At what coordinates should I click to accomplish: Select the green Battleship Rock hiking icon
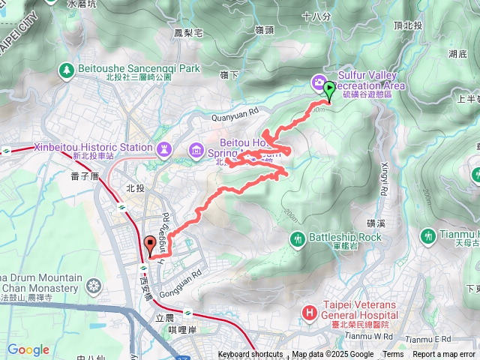pyautogui.click(x=298, y=238)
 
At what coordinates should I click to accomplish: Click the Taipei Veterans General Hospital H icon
pyautogui.click(x=308, y=311)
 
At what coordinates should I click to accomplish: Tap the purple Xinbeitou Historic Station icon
pyautogui.click(x=164, y=148)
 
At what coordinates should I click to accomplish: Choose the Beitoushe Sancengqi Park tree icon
pyautogui.click(x=65, y=70)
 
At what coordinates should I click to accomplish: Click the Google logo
pyautogui.click(x=28, y=349)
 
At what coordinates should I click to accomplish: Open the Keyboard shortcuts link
pyautogui.click(x=250, y=355)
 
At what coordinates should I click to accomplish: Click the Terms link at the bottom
pyautogui.click(x=393, y=355)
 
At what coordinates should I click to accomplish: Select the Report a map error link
pyautogui.click(x=445, y=355)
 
